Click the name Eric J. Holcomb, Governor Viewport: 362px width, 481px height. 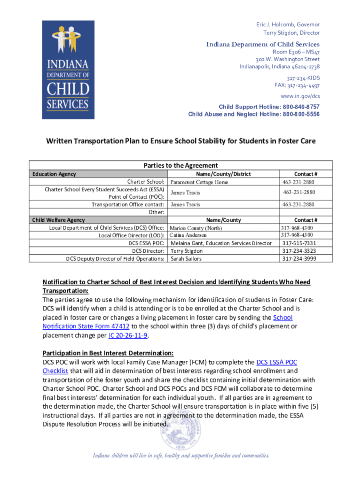pyautogui.click(x=288, y=24)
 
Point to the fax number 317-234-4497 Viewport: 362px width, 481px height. pyautogui.click(x=297, y=85)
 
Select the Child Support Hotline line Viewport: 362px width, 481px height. pyautogui.click(x=269, y=107)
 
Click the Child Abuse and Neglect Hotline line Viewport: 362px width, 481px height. pyautogui.click(x=254, y=114)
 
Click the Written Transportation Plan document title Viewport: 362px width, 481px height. pyautogui.click(x=181, y=141)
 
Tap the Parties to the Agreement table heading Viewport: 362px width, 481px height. pyautogui.click(x=181, y=165)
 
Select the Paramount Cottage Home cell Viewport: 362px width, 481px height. pyautogui.click(x=199, y=182)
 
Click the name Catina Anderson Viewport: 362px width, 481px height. pyautogui.click(x=188, y=235)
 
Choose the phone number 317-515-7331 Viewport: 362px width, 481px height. pyautogui.click(x=299, y=243)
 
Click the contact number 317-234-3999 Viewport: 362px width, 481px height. pyautogui.click(x=299, y=258)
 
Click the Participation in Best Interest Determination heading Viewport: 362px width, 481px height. pyautogui.click(x=108, y=353)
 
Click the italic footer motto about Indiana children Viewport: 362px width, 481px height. pyautogui.click(x=181, y=455)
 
